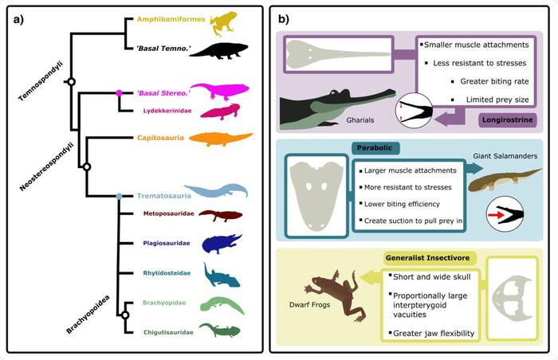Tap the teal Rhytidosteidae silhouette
point(219,276)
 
